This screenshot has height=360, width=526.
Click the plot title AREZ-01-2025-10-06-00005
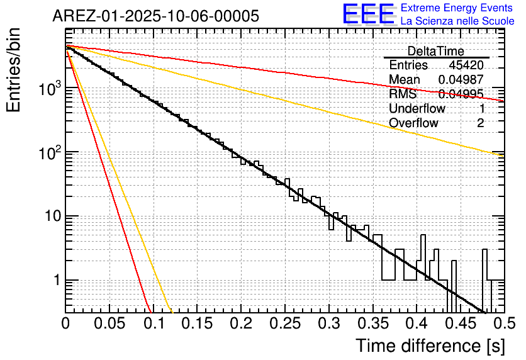(x=155, y=16)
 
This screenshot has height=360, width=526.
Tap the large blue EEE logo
(x=368, y=14)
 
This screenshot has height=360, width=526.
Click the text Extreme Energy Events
(x=457, y=8)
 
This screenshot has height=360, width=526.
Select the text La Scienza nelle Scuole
(x=457, y=21)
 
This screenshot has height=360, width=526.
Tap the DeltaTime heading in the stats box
(x=436, y=51)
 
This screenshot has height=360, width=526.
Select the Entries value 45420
(x=466, y=65)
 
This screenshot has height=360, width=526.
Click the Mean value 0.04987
(x=461, y=80)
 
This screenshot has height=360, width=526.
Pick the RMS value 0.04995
(x=461, y=94)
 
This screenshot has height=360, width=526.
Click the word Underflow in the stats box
(x=417, y=109)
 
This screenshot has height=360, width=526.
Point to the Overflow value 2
(x=480, y=123)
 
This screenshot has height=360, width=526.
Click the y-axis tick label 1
(x=55, y=281)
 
